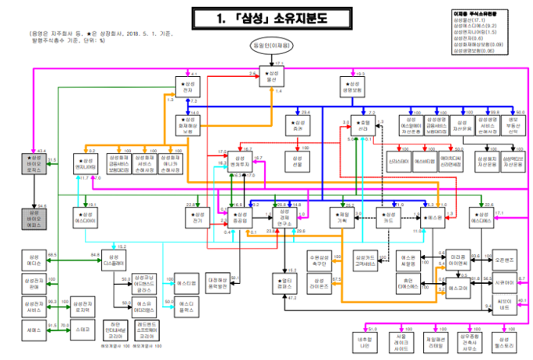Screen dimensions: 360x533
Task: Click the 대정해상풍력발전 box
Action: [x=217, y=282]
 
